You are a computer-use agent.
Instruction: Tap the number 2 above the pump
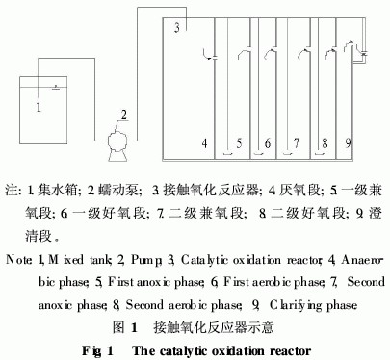coord(123,116)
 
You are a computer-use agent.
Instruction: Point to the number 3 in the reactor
coord(177,27)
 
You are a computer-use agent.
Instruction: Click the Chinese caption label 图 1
coord(125,327)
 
